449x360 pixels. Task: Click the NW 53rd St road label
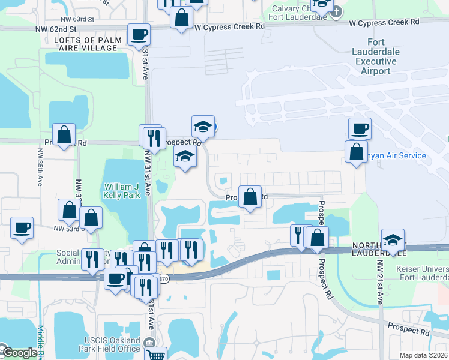[67, 229]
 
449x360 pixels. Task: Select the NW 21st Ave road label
[379, 282]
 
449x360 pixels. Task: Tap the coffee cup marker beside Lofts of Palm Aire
[139, 35]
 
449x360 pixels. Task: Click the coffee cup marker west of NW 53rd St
[22, 228]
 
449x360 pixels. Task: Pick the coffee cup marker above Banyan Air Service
[360, 128]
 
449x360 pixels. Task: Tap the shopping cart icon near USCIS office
[156, 355]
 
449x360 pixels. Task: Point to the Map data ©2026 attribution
[424, 355]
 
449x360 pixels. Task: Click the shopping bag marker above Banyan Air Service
[356, 151]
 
